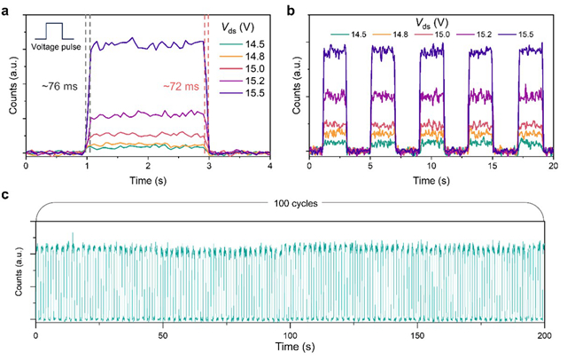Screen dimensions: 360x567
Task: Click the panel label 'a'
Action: click(7, 7)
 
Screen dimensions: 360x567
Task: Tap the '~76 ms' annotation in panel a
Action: click(58, 87)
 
